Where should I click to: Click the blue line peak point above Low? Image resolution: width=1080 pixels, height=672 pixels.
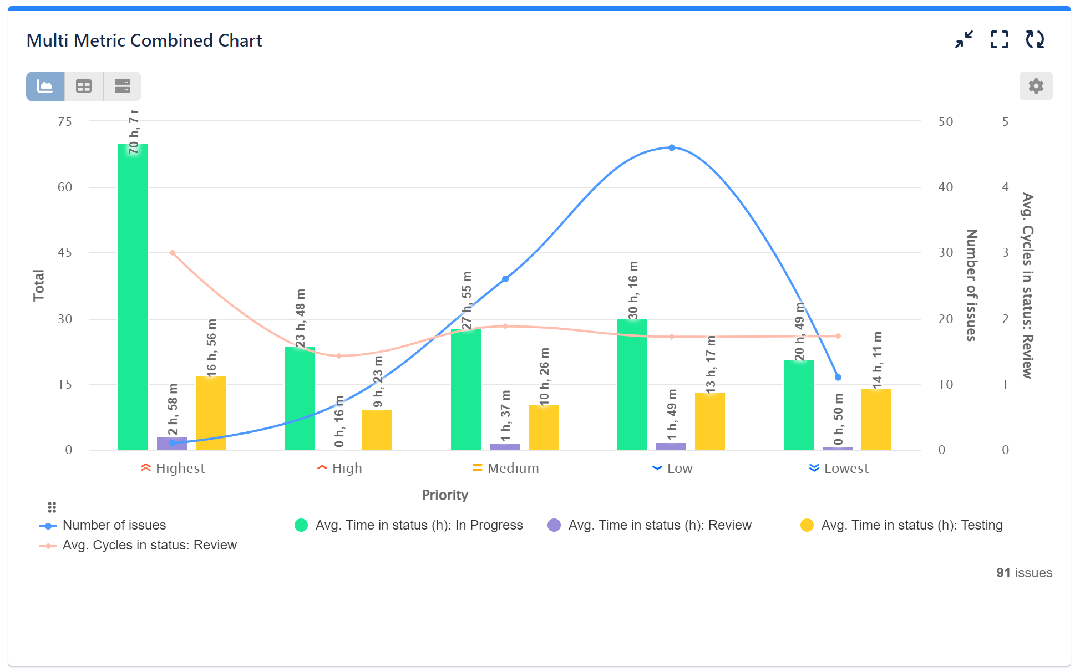(x=671, y=148)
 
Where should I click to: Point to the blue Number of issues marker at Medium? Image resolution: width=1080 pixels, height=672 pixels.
(x=505, y=279)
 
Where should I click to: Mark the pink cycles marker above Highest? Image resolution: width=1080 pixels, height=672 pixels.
(x=173, y=253)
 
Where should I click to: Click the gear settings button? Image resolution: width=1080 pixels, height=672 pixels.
(x=1035, y=86)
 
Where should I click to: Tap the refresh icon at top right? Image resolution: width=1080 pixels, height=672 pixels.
(x=1035, y=40)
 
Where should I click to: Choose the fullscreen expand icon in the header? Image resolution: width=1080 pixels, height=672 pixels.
(x=999, y=40)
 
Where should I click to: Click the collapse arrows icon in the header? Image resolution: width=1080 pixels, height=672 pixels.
(x=964, y=40)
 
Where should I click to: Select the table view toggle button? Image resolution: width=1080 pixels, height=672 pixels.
(x=84, y=86)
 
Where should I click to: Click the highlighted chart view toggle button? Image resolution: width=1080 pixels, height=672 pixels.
(x=45, y=86)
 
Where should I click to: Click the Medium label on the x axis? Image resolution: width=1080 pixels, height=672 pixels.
(x=513, y=469)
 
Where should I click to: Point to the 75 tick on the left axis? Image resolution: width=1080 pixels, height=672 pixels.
(x=65, y=121)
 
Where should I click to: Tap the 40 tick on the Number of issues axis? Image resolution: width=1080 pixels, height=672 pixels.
(x=945, y=187)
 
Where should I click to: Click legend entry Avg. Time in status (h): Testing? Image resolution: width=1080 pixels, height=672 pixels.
(x=911, y=525)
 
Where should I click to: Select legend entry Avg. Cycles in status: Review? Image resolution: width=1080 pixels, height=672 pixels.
(x=149, y=545)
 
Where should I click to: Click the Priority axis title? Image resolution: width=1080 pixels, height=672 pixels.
(x=445, y=495)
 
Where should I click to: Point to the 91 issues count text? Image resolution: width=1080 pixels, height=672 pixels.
(x=1023, y=573)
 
